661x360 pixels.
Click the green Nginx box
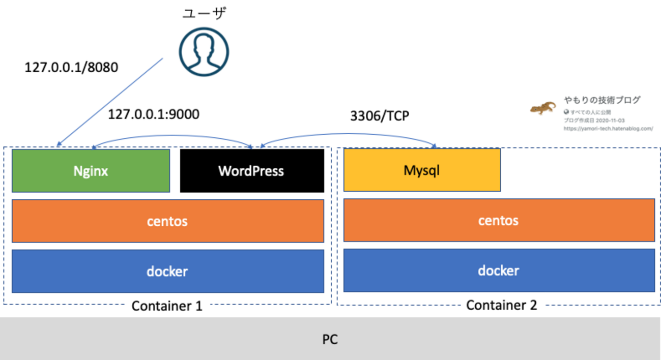click(91, 171)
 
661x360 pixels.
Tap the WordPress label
click(251, 171)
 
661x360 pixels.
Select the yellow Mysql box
click(422, 170)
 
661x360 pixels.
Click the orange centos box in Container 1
click(167, 221)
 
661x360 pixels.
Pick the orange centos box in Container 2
click(499, 220)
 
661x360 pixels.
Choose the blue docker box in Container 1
click(167, 271)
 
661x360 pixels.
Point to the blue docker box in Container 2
click(499, 270)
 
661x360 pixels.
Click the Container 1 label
click(167, 306)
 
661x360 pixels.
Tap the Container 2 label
click(502, 305)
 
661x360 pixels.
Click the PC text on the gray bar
click(330, 339)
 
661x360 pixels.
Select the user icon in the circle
click(204, 52)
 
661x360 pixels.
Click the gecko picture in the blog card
click(543, 108)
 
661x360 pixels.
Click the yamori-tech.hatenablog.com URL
click(608, 129)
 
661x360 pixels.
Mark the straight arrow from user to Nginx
click(109, 102)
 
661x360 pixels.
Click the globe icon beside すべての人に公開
click(566, 112)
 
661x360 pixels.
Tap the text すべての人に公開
click(590, 112)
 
